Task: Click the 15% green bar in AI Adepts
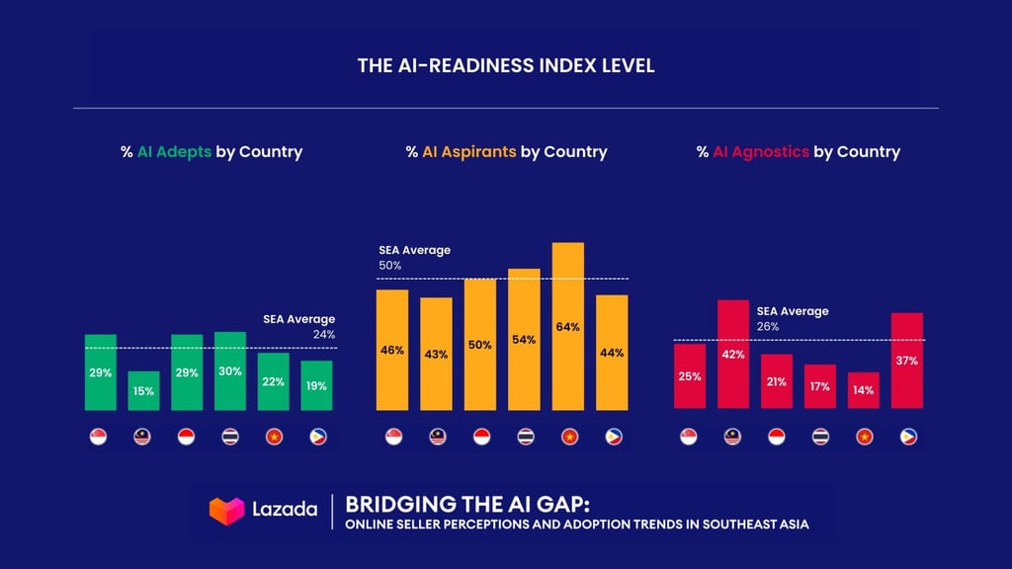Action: point(143,390)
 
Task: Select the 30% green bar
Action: point(230,370)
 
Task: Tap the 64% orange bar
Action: point(567,326)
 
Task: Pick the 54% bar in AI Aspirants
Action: point(524,339)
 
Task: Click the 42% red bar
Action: point(733,354)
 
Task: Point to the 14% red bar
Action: point(864,390)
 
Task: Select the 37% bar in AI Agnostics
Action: point(907,361)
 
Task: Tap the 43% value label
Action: point(436,354)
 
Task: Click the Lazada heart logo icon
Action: point(226,511)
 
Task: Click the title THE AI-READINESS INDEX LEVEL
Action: point(506,67)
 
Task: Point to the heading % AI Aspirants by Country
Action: point(506,152)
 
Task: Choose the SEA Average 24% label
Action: point(299,327)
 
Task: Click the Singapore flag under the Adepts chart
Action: point(99,437)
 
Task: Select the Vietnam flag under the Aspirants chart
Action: point(568,437)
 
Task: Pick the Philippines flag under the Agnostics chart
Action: point(908,437)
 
